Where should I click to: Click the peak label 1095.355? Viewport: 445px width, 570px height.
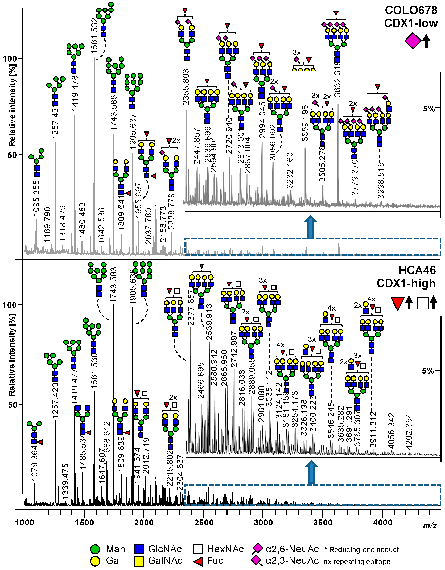click(x=36, y=198)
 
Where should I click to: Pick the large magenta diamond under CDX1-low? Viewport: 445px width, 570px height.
click(x=413, y=41)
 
